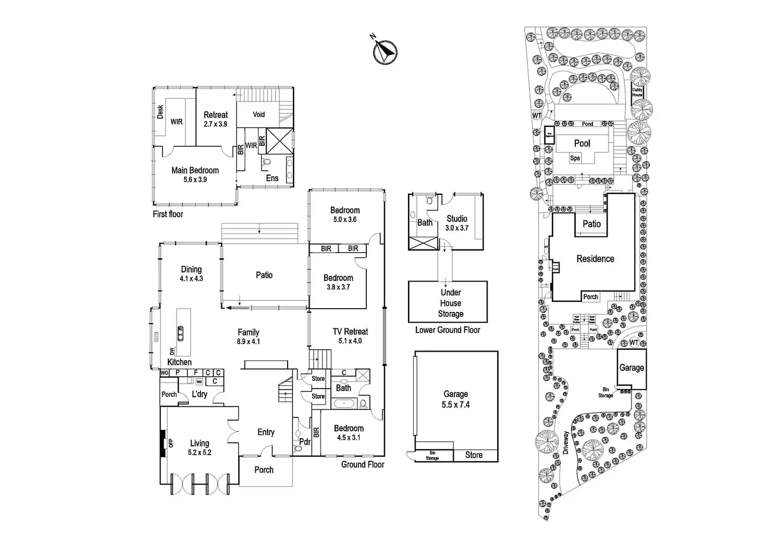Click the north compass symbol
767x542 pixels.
click(x=385, y=52)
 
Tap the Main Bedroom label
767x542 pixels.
click(x=195, y=170)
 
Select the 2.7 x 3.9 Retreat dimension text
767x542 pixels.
click(x=215, y=124)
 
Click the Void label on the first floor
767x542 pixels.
click(x=259, y=115)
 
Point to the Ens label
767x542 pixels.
click(x=272, y=178)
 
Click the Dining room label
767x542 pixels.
click(x=191, y=269)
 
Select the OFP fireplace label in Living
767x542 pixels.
click(x=171, y=443)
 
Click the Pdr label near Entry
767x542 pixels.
click(x=305, y=442)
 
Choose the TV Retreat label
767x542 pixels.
click(x=350, y=332)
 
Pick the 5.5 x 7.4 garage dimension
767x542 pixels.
click(x=455, y=405)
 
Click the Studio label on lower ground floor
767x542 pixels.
click(x=456, y=219)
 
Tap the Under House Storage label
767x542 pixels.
click(x=450, y=303)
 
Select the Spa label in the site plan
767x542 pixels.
click(x=575, y=158)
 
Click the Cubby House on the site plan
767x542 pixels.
click(x=637, y=93)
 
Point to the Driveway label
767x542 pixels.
click(x=566, y=443)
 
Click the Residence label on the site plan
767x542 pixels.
click(x=595, y=259)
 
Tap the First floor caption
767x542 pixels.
click(x=168, y=214)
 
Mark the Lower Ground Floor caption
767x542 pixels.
click(x=448, y=330)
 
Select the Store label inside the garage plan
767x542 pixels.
click(x=474, y=455)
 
